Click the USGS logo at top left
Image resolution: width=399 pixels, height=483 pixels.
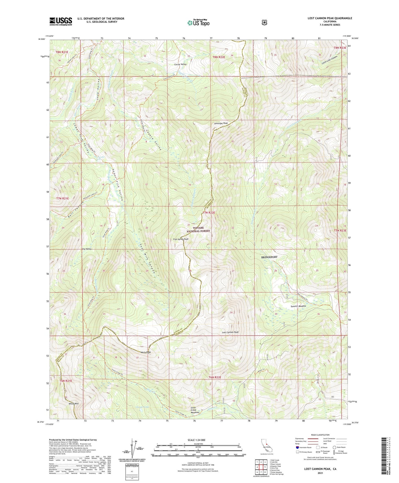[61, 21]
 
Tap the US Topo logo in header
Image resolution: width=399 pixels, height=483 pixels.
[198, 23]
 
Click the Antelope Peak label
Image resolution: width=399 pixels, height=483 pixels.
[221, 123]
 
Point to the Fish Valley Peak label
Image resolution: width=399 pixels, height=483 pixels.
[181, 239]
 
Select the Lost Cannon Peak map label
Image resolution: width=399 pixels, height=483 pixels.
[230, 332]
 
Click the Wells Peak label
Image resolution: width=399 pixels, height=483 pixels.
[146, 352]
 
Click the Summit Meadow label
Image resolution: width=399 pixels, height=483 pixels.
[298, 306]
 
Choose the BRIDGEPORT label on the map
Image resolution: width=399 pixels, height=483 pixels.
[269, 257]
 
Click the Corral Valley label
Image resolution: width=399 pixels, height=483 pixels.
[180, 64]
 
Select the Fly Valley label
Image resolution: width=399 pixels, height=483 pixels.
[87, 249]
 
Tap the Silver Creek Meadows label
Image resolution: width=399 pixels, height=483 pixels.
[195, 410]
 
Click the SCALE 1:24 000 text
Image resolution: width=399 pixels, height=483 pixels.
[196, 440]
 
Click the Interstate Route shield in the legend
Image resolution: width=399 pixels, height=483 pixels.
[297, 447]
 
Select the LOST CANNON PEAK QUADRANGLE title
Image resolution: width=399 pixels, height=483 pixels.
[330, 18]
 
